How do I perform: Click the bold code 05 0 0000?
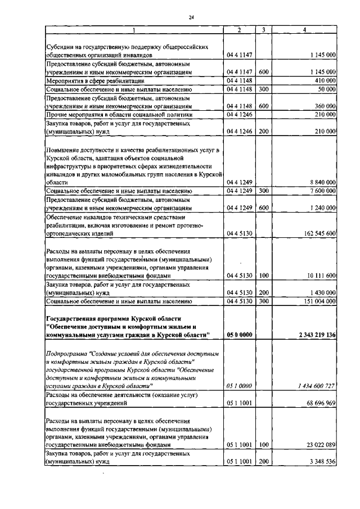click(239, 335)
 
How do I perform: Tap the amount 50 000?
click(327, 89)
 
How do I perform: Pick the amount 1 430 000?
click(322, 293)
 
